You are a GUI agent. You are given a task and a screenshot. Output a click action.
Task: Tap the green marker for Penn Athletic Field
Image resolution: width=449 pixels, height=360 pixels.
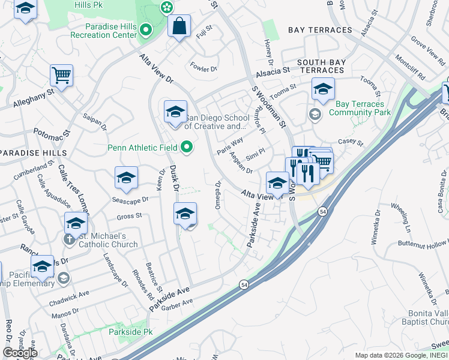(187, 147)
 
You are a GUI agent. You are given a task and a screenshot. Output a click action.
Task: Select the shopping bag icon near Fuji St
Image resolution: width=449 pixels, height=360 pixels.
(179, 26)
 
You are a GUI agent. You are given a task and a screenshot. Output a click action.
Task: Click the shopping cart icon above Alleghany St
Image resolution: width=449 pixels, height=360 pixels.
(61, 75)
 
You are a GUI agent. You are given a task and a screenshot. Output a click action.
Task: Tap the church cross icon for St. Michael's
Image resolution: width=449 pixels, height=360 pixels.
(70, 238)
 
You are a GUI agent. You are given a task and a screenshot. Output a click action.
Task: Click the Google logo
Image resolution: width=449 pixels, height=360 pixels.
(20, 353)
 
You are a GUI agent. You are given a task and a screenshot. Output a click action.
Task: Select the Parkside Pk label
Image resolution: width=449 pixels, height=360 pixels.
(131, 331)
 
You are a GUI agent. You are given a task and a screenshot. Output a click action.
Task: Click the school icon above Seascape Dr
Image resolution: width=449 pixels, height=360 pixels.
(126, 177)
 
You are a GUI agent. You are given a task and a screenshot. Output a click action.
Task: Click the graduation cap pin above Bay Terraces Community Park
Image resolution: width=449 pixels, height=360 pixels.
(323, 89)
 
